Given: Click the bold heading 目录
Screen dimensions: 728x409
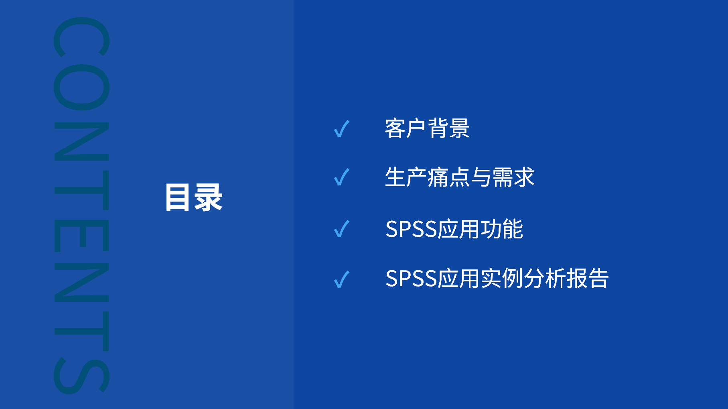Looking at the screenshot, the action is [194, 197].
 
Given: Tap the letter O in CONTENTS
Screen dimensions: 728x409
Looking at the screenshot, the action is [81, 87].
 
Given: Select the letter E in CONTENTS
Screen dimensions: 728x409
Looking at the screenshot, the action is [81, 236].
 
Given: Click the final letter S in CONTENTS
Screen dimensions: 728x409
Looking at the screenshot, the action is [81, 375].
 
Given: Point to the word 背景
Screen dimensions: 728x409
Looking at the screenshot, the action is [448, 128].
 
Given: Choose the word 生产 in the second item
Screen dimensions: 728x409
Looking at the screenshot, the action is [406, 177].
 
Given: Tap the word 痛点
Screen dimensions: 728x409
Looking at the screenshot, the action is [448, 177].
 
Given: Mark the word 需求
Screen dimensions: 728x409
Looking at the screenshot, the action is [513, 177].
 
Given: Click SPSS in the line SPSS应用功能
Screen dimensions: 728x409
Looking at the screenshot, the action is [411, 229].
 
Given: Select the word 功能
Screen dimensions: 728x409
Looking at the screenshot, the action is [502, 229].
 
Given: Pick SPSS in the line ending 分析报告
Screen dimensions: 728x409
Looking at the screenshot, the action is [411, 279].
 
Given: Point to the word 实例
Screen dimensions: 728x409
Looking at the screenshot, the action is [502, 279].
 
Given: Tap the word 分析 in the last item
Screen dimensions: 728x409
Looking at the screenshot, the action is [545, 279].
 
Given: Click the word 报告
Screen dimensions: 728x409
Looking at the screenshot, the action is [588, 279].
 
